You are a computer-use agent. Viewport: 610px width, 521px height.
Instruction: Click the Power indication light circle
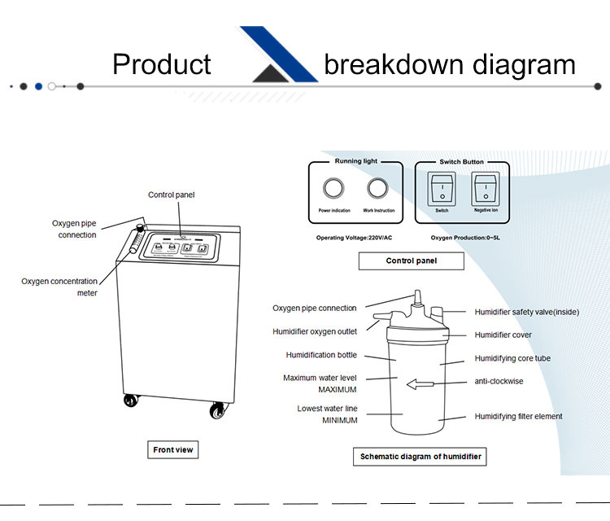click(333, 189)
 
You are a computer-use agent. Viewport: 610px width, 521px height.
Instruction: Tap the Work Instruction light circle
click(377, 189)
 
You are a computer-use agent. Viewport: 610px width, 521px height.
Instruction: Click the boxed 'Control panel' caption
click(411, 260)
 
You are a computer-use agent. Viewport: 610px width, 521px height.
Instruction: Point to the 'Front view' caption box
click(174, 449)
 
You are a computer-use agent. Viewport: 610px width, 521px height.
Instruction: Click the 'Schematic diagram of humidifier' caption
click(420, 457)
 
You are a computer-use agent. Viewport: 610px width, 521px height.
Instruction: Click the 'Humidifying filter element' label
click(518, 417)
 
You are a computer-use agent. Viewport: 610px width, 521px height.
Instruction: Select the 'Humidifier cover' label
click(503, 335)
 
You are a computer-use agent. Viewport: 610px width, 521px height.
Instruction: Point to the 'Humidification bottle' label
click(321, 355)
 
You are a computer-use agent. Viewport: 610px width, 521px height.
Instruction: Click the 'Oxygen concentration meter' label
click(59, 287)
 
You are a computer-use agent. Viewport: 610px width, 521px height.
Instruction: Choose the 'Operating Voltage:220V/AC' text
click(355, 239)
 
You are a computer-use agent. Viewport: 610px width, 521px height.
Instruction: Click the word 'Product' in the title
click(161, 64)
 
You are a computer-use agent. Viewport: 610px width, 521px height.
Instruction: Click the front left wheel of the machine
click(130, 401)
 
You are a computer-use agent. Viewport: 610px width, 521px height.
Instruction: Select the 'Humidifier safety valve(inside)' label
click(526, 312)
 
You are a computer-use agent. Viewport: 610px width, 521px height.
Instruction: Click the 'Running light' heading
click(355, 162)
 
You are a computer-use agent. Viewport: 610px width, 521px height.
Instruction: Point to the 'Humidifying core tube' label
click(512, 358)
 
